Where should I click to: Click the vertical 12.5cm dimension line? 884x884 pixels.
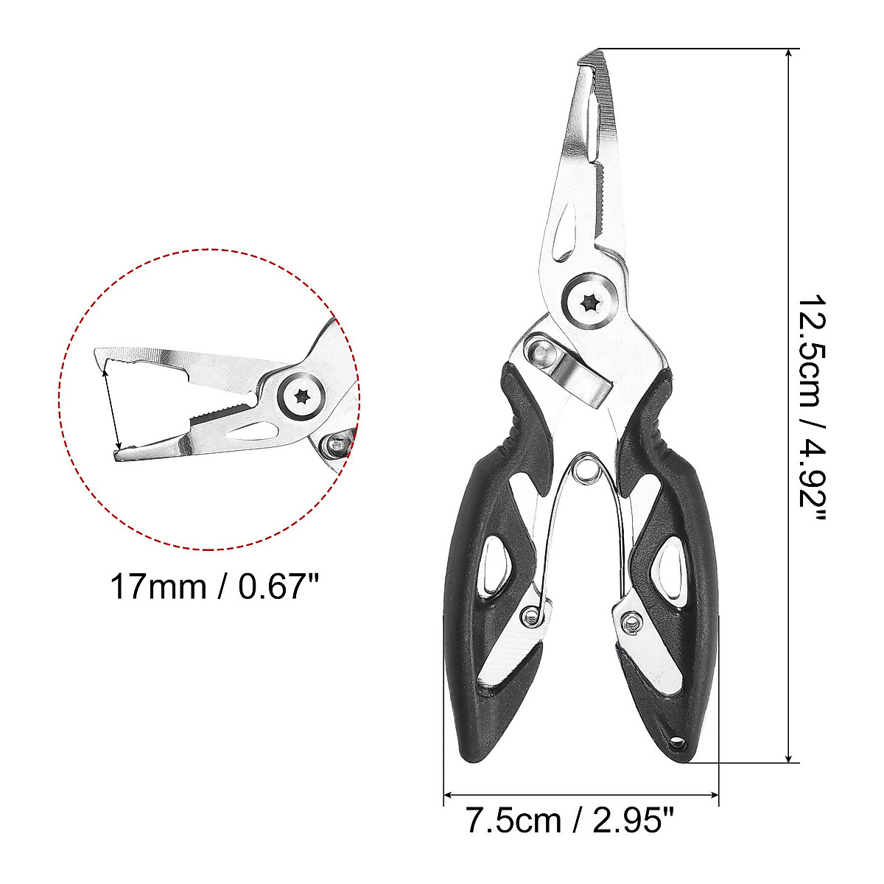(790, 405)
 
